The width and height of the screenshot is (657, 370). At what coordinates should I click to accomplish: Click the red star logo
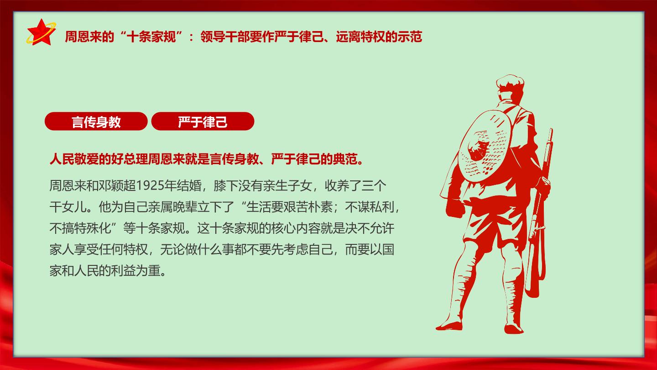(x=41, y=33)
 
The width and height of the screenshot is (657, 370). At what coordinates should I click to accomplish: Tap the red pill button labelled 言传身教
(x=96, y=122)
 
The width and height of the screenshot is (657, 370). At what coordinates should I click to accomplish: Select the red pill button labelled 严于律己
(x=203, y=122)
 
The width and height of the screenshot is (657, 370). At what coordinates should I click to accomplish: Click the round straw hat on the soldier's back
(x=484, y=146)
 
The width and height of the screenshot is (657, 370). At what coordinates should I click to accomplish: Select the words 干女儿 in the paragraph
(x=68, y=207)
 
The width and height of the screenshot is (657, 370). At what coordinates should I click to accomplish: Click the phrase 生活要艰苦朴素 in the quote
(x=289, y=207)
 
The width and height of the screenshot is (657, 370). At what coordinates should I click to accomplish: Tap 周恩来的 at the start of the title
(x=89, y=37)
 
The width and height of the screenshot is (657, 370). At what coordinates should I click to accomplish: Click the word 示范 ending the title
(x=410, y=37)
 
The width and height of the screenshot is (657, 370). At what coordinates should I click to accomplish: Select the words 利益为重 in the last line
(x=136, y=270)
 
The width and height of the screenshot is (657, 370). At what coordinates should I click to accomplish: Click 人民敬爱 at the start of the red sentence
(x=74, y=159)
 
